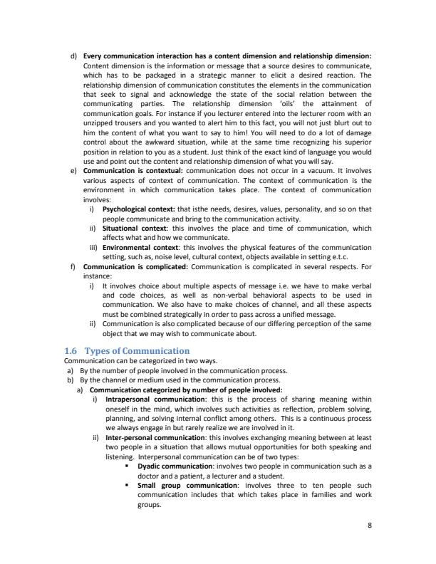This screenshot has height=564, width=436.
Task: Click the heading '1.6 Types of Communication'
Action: [x=127, y=351]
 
